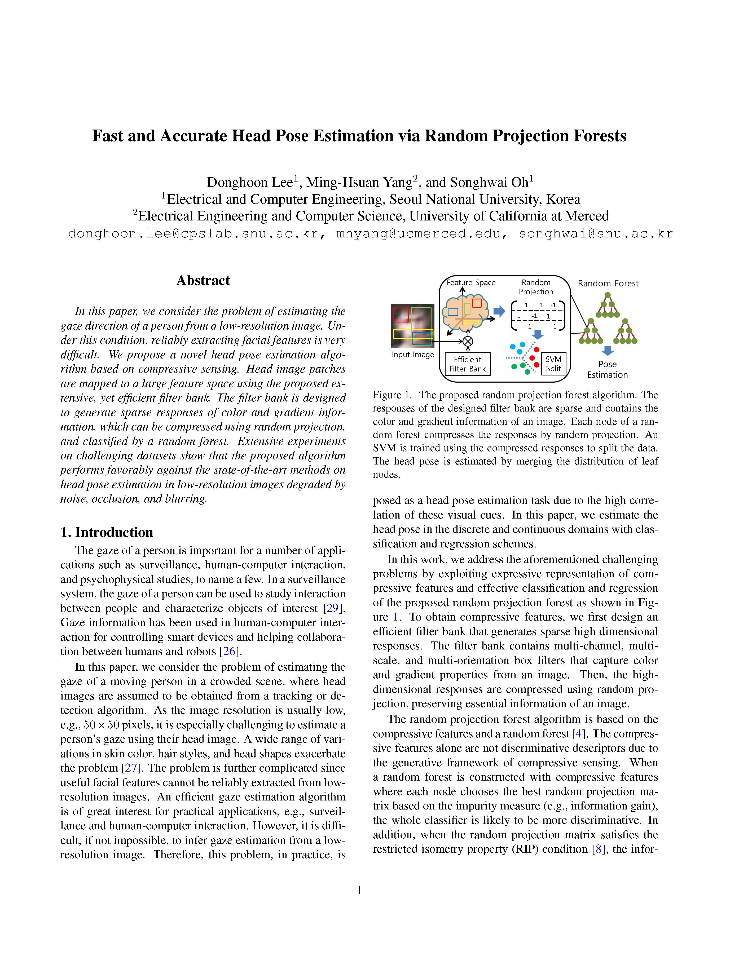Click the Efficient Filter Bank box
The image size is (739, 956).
[x=468, y=364]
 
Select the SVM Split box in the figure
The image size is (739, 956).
[x=553, y=364]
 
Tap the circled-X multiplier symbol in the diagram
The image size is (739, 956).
[x=468, y=341]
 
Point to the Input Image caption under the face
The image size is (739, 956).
[x=412, y=355]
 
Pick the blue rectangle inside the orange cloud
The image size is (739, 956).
[x=453, y=312]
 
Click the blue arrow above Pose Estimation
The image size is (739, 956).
[x=608, y=351]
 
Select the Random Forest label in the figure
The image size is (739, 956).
[x=608, y=283]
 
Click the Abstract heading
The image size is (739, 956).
[x=203, y=280]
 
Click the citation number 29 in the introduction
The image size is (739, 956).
[x=333, y=608]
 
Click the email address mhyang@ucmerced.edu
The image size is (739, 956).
[x=418, y=234]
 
